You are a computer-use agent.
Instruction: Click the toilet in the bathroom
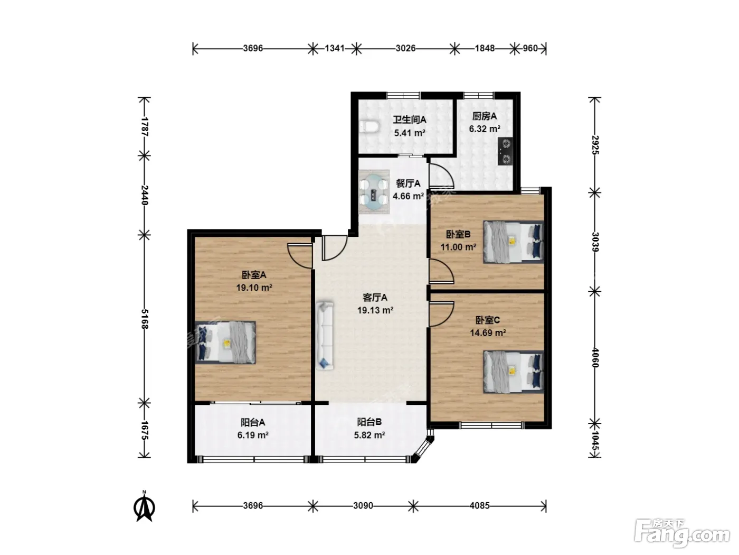click(369, 127)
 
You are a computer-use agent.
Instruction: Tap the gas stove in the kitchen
click(505, 151)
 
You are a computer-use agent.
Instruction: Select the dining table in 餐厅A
click(374, 192)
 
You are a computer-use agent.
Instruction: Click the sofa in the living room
click(325, 336)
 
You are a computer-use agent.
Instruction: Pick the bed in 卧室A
click(225, 343)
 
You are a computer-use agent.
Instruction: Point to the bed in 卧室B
click(514, 242)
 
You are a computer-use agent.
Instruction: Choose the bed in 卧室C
click(514, 372)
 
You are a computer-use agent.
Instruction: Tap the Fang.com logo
click(682, 533)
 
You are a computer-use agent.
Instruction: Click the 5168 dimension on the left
click(145, 318)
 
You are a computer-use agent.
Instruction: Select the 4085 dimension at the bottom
click(479, 505)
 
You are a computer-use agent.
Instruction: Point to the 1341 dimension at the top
click(335, 49)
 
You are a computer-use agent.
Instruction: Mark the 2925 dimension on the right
click(595, 145)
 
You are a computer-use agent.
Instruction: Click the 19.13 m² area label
click(375, 310)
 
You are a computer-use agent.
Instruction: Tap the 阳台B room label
click(369, 422)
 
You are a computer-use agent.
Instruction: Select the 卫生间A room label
click(410, 119)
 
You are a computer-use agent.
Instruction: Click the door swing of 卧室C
click(441, 314)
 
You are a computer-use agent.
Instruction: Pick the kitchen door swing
click(441, 176)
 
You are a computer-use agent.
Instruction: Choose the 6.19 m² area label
click(253, 435)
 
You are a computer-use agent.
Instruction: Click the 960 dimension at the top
click(530, 49)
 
